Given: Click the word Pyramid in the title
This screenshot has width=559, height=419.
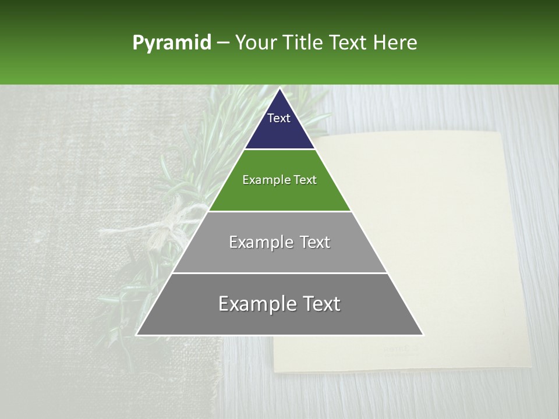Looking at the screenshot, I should [172, 43].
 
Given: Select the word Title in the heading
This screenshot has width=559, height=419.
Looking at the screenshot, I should [306, 43].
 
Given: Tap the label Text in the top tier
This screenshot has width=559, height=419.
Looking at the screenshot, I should [279, 118].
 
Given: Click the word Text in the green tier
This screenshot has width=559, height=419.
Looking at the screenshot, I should [306, 180].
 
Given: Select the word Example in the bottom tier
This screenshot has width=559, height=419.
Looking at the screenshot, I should [256, 304].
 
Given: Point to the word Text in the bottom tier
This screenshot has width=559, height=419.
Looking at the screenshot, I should [320, 304].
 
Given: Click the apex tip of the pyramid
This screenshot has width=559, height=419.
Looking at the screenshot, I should [279, 89].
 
